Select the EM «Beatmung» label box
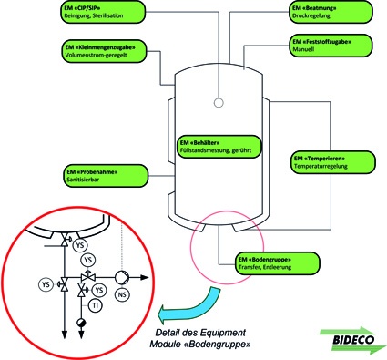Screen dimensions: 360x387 [328, 13]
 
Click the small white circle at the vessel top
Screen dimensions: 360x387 [219, 100]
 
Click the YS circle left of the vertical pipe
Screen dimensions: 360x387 [46, 284]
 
